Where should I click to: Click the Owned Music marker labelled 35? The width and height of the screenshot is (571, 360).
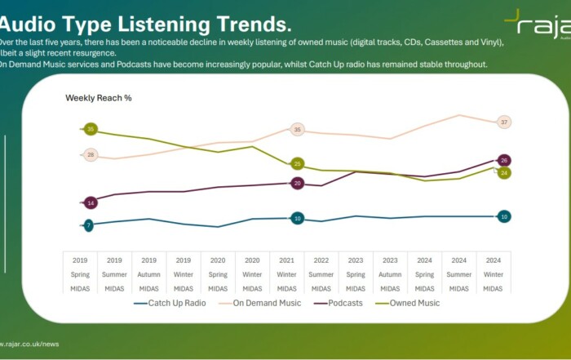[x=91, y=129]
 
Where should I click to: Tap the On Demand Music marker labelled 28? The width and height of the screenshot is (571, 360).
[x=91, y=155]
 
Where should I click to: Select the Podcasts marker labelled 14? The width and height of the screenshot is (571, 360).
[x=91, y=202]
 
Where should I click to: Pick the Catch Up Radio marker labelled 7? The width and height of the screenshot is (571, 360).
[x=88, y=224]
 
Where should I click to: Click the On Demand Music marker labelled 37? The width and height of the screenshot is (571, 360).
[x=504, y=122]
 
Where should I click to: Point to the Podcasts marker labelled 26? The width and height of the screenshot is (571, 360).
[x=504, y=160]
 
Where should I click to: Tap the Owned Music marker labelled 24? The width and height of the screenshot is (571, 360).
[x=504, y=173]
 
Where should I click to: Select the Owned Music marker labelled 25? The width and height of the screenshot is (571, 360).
[x=298, y=164]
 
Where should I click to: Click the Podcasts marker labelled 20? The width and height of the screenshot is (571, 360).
[x=298, y=184]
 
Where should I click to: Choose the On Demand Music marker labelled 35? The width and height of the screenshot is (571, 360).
[x=298, y=130]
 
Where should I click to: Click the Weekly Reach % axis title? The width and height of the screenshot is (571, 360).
[x=99, y=98]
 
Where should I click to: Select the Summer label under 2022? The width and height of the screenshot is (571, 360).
[x=321, y=274]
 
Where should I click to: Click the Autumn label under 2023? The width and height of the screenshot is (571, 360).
[x=390, y=274]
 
